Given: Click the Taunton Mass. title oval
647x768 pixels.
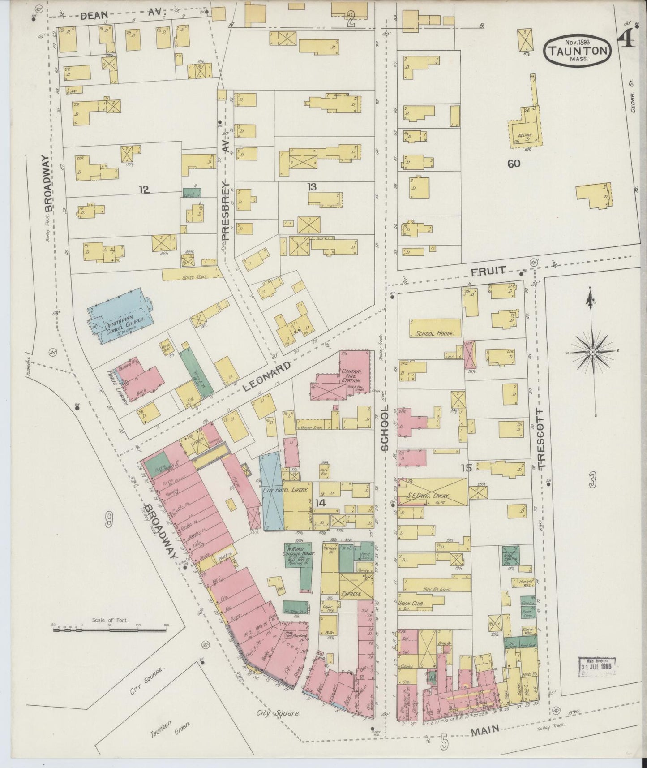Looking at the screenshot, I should pos(577,50).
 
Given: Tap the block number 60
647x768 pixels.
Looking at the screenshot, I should pos(514,164).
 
